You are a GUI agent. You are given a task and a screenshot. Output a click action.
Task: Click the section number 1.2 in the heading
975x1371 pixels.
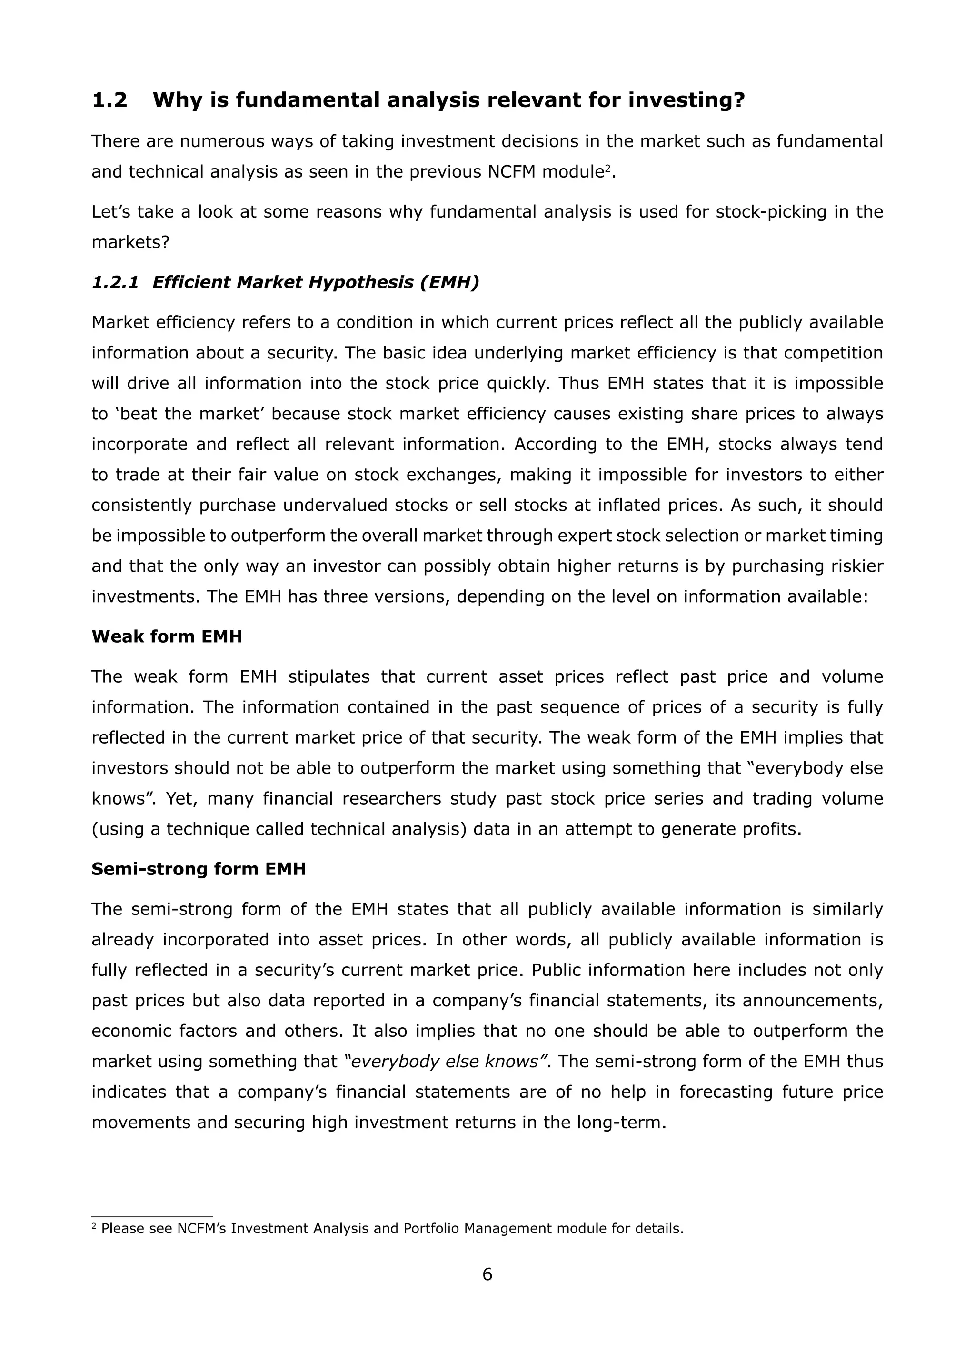tap(109, 100)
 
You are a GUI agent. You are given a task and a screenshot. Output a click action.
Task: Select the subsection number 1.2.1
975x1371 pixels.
tap(115, 282)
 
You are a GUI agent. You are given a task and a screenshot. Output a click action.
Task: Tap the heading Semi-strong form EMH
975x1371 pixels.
tap(198, 869)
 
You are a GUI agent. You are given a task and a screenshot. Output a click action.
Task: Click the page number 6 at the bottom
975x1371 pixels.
tap(487, 1274)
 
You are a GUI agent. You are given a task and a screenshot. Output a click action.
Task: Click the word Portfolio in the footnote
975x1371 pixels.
tap(432, 1228)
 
